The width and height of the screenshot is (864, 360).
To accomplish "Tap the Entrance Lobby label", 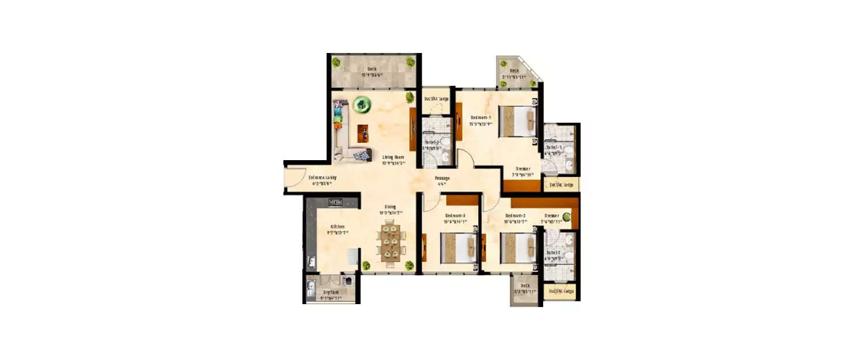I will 322,177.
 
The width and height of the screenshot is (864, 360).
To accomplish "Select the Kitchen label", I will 337,226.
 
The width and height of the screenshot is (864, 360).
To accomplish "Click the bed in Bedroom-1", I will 516,122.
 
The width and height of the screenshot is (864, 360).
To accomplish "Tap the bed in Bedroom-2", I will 518,248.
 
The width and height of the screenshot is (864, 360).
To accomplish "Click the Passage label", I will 442,179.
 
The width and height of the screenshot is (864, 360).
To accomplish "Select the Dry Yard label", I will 331,292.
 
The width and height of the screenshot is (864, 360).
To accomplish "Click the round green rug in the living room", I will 362,104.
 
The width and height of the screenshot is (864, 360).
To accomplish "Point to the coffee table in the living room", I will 363,132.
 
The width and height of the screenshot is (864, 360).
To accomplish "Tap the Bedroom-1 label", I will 480,116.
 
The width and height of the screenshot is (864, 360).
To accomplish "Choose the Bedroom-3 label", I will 454,216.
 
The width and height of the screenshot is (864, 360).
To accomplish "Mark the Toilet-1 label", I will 554,147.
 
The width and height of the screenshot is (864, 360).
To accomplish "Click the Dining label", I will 391,207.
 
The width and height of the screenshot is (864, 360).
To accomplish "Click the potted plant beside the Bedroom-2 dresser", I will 567,217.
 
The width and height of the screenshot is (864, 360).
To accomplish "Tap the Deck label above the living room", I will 372,69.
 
